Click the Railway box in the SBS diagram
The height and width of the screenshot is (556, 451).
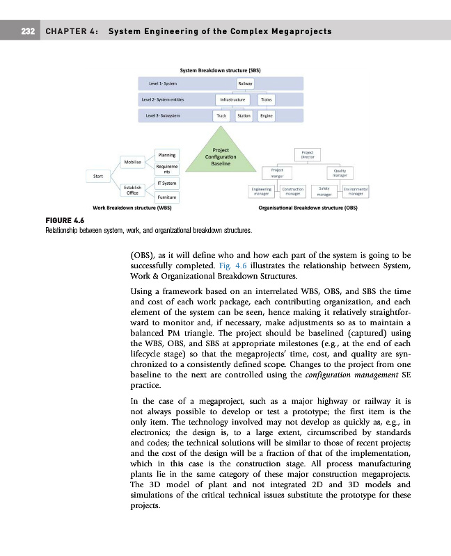[245, 83]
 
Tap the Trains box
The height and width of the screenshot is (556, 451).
[266, 100]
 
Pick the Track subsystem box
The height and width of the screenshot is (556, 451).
[221, 117]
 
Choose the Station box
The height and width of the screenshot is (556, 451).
[244, 117]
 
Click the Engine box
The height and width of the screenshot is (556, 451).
[266, 117]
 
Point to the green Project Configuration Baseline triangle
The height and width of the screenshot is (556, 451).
[220, 158]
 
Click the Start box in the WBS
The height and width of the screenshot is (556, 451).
[98, 176]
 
